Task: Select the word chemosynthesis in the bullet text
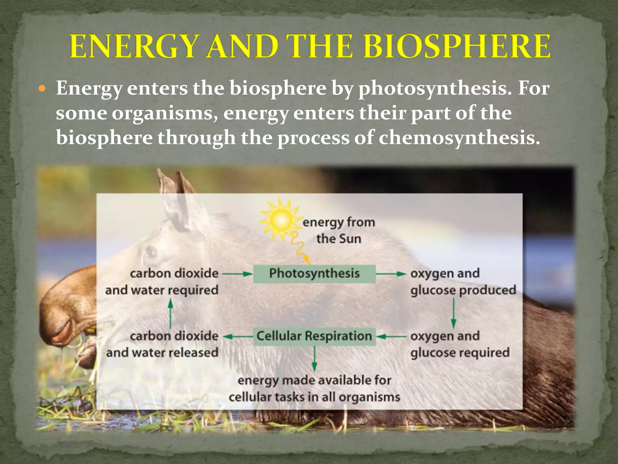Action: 459,138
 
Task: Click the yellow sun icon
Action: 281,220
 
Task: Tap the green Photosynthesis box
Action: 314,274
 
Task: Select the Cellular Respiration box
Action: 314,336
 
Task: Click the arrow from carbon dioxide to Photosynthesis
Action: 237,274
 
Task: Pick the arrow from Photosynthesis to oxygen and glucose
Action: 391,274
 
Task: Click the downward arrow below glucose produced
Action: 453,314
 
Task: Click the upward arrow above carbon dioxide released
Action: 170,314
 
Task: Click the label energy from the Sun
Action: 339,230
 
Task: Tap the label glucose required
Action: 460,353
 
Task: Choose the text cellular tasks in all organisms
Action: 314,397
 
